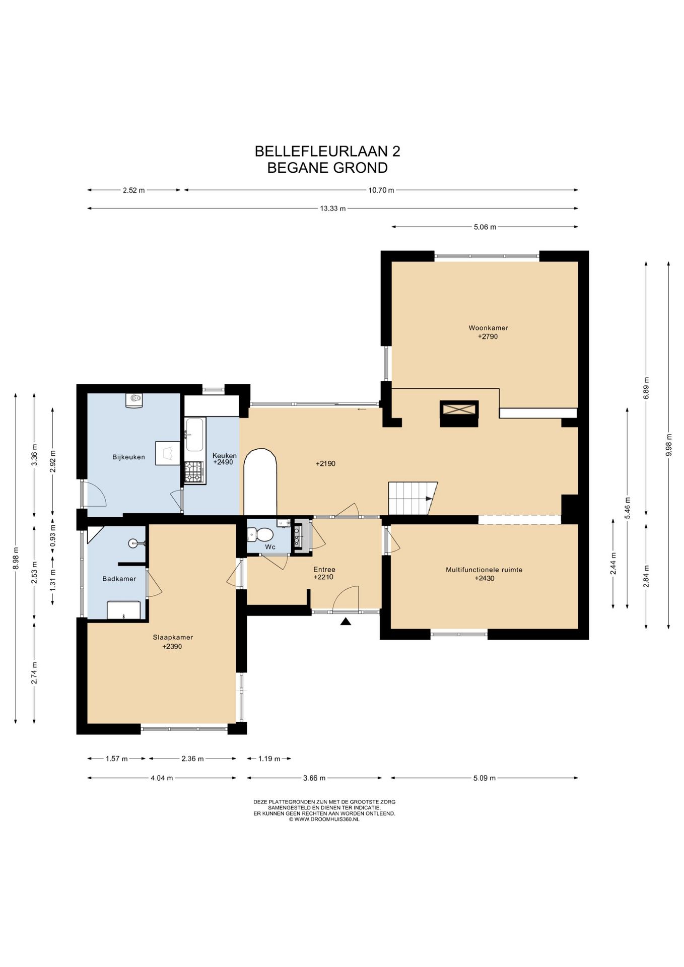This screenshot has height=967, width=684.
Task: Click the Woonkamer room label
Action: click(x=488, y=328)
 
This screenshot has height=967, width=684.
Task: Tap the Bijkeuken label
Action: click(x=128, y=457)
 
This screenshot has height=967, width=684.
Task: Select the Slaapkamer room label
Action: click(x=173, y=637)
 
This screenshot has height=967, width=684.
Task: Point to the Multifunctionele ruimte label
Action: click(x=484, y=570)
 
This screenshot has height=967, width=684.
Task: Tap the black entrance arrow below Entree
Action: click(x=346, y=621)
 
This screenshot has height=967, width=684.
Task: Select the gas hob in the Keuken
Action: click(x=194, y=472)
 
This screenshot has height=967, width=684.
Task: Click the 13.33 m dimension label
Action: click(x=333, y=209)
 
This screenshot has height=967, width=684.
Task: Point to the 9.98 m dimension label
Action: click(x=669, y=445)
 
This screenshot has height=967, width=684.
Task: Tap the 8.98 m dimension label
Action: click(x=16, y=558)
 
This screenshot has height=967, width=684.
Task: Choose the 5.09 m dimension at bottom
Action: click(x=485, y=778)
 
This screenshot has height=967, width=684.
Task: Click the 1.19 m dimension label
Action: click(x=269, y=758)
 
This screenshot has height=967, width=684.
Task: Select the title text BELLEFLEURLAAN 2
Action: click(x=327, y=151)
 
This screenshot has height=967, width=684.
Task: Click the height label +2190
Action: click(x=325, y=463)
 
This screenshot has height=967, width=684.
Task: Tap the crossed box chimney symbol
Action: click(x=459, y=414)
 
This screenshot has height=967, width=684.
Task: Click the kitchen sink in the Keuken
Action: click(x=194, y=435)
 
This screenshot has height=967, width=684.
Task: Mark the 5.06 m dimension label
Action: click(x=485, y=227)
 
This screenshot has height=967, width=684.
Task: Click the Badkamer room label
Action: click(x=119, y=579)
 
